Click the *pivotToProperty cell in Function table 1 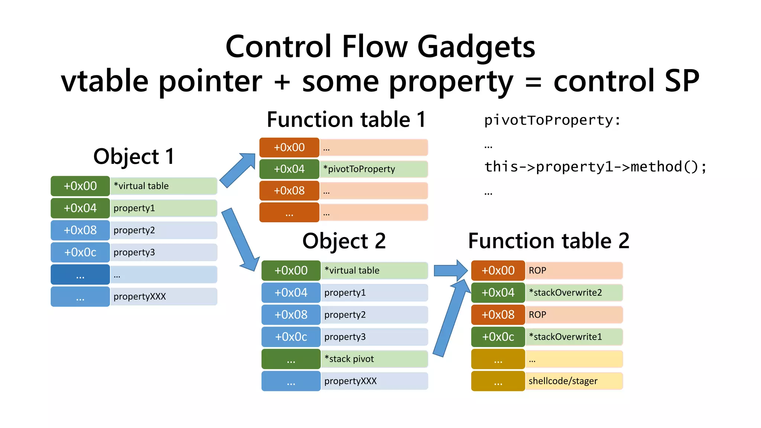pos(373,169)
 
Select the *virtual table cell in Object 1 pos(163,186)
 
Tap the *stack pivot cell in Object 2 pos(374,359)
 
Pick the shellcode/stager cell pos(573,381)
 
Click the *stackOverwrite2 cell pos(573,292)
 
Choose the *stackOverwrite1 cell pos(573,337)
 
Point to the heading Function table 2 pos(548,241)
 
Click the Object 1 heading pos(134,156)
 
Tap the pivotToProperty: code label pos(552,120)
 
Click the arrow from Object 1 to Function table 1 pos(238,170)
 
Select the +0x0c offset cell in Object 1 pos(80,252)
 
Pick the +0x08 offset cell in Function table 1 pos(289,191)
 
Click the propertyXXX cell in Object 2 pos(374,381)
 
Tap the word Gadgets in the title pos(476,47)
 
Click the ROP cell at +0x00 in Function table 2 pos(573,270)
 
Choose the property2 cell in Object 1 pos(163,230)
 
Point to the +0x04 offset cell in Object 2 pos(291,292)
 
